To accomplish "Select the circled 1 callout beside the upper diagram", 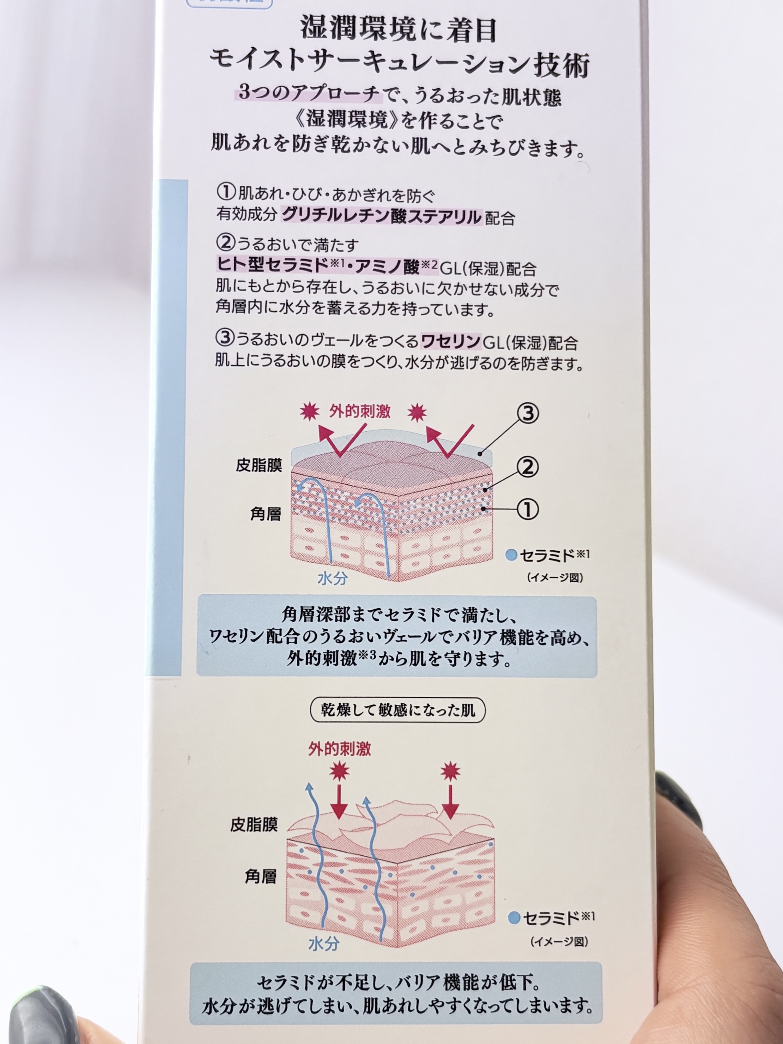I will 528,509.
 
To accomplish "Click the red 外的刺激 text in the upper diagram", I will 360,411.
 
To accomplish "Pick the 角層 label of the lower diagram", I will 260,876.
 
